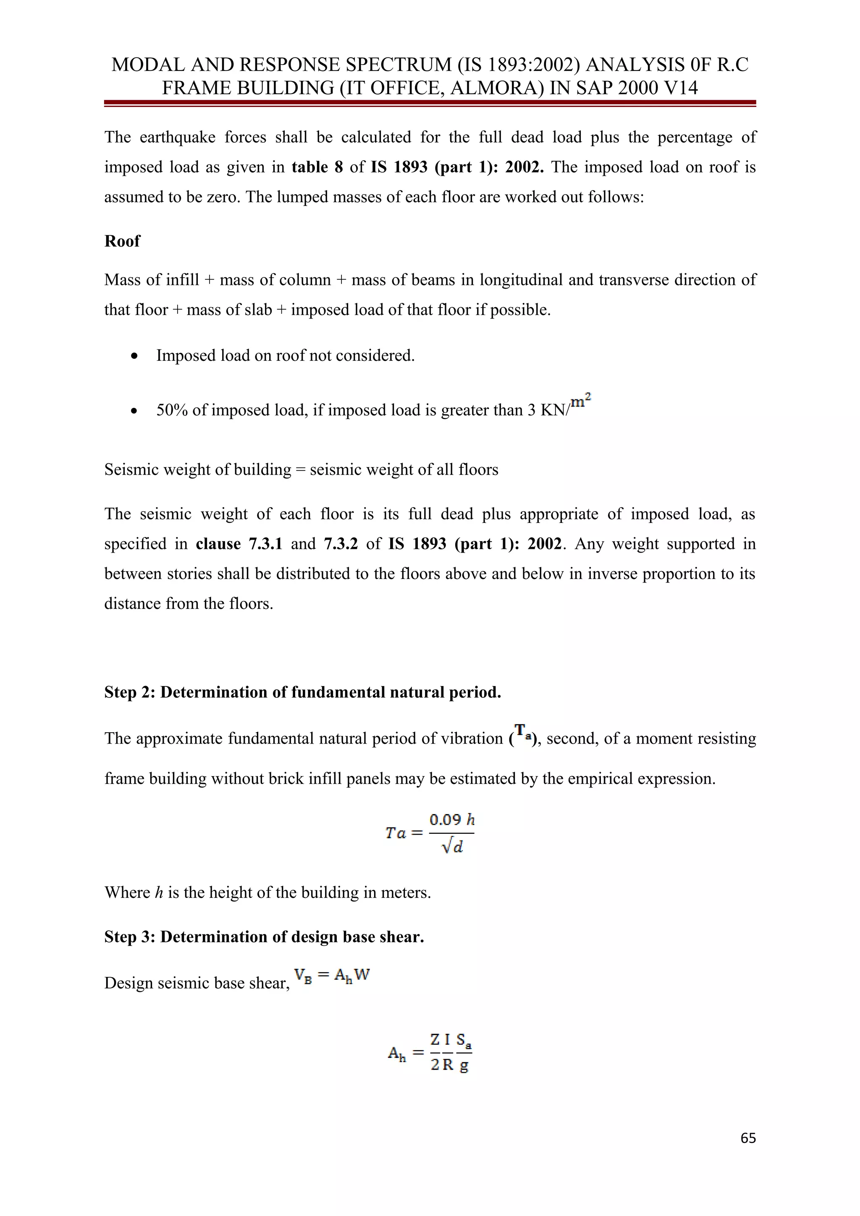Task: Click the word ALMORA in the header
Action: (x=496, y=87)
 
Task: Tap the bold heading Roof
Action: (x=122, y=241)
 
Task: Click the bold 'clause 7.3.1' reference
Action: (x=239, y=544)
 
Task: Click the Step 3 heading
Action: (x=264, y=937)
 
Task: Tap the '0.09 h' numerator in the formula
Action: (x=451, y=820)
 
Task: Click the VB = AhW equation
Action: (x=332, y=975)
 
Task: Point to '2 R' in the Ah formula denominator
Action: (x=441, y=1065)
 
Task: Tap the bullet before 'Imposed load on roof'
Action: (x=135, y=356)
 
